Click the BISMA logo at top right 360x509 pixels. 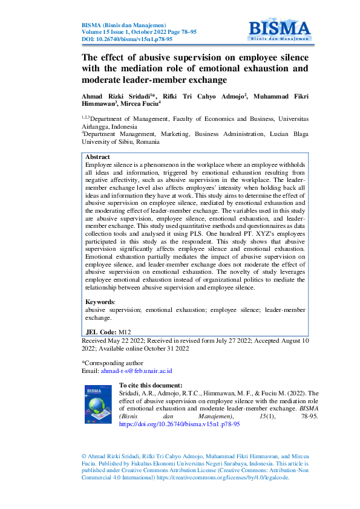[279, 28]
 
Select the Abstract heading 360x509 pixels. [97, 157]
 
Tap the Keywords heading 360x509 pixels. [100, 301]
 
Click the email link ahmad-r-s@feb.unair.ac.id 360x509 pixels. [136, 371]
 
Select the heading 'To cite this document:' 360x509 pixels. [151, 385]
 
